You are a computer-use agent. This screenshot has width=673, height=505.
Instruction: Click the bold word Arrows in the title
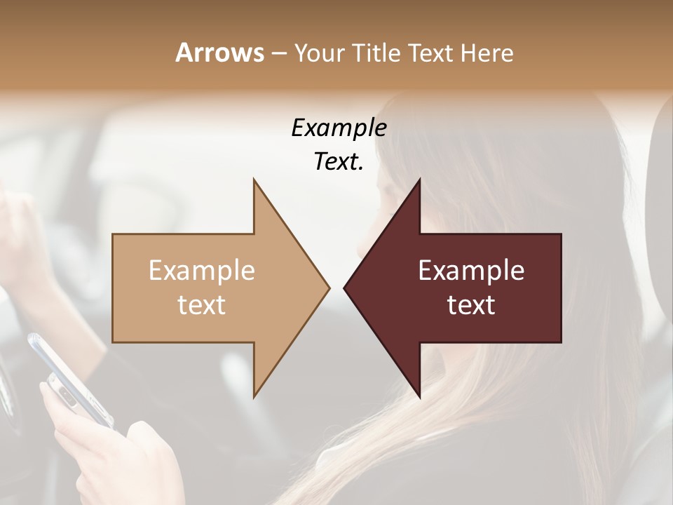220,53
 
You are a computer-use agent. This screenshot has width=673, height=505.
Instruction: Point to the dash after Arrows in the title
278,54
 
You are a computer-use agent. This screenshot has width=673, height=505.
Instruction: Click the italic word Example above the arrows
339,128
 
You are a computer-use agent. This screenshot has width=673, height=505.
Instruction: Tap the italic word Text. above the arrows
339,162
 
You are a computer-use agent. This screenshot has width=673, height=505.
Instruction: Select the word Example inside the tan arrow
202,271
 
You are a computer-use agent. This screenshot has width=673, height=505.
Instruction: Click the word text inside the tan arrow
202,305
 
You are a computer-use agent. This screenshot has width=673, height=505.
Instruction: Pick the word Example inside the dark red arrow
471,271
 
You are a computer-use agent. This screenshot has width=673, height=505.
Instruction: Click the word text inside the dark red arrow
471,305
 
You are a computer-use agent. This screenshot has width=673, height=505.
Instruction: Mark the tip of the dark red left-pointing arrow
346,288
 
